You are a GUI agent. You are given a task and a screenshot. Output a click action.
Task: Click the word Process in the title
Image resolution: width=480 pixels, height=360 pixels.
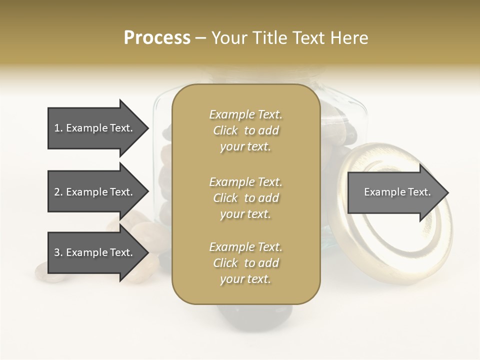pos(157,38)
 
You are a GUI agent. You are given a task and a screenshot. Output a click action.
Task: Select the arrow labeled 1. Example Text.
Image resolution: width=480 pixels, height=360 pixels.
pos(95,128)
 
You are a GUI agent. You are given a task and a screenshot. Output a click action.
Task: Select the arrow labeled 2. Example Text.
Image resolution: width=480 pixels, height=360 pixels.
pos(95,192)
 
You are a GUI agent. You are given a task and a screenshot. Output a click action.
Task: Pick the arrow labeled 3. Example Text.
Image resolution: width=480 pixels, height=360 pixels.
pos(95,252)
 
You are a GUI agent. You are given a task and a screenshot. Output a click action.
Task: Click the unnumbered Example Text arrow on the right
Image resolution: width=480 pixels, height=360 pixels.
pos(395,192)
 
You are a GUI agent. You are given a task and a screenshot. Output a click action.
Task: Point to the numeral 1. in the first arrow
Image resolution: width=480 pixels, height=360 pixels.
pos(58,128)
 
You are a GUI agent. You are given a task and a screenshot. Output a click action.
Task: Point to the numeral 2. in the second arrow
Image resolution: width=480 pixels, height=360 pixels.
pos(58,192)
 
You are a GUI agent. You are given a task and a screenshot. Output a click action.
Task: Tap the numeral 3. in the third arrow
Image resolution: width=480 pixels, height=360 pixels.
pos(58,252)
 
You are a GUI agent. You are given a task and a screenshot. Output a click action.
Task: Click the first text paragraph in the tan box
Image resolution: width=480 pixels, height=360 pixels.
pos(245,130)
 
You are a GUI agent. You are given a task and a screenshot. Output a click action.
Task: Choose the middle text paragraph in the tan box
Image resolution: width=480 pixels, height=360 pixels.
pos(245,197)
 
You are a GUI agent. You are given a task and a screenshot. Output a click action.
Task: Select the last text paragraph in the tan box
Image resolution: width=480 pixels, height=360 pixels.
pos(245,263)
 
